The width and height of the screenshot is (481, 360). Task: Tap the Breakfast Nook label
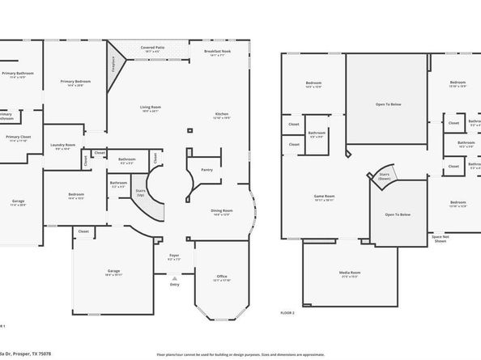(x=217, y=52)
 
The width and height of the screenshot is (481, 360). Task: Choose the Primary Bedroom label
(x=74, y=82)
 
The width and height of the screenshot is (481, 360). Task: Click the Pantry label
(x=206, y=169)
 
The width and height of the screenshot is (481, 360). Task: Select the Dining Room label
(x=222, y=212)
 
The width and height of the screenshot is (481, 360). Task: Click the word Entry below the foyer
(x=174, y=284)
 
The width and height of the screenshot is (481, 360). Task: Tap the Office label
(x=220, y=277)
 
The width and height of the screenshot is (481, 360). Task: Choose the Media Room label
(x=350, y=272)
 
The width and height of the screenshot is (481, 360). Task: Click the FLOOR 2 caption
(x=288, y=311)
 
